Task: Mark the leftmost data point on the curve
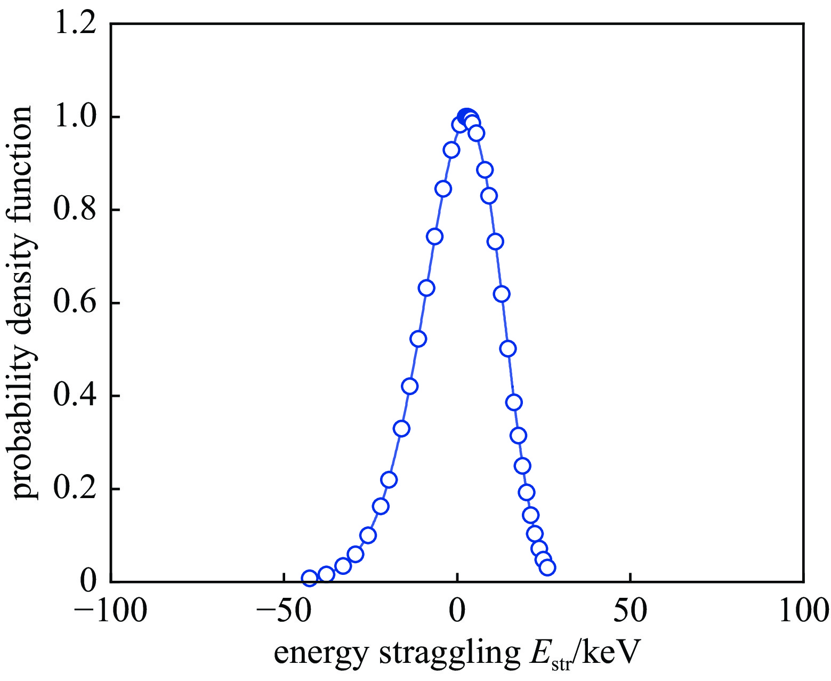click(309, 578)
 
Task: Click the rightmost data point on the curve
click(547, 567)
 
